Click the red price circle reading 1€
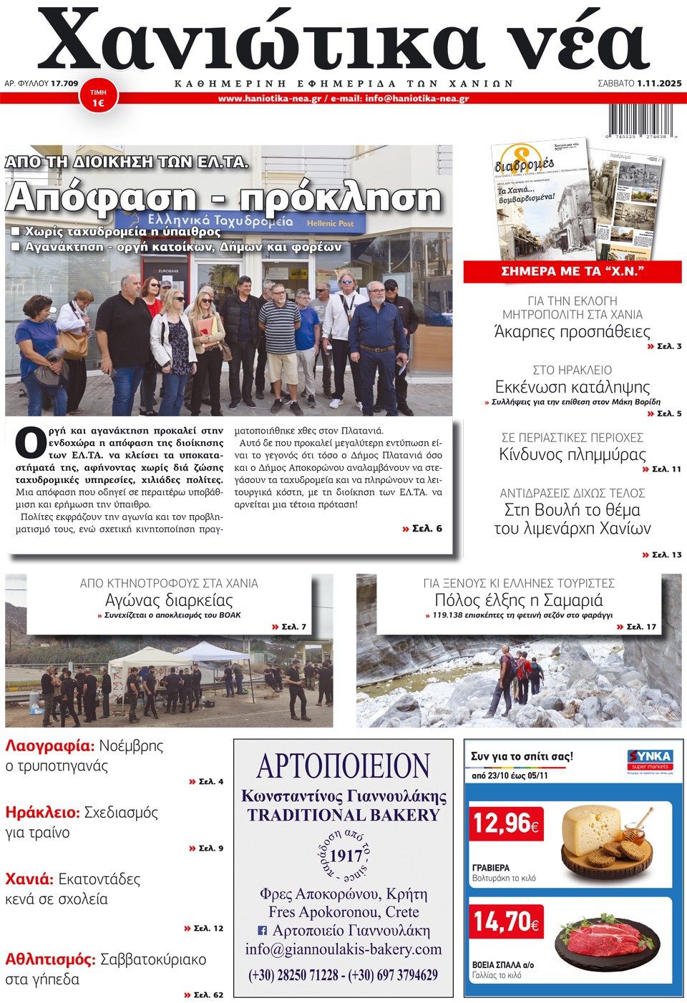point(98,98)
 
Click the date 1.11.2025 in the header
point(659,84)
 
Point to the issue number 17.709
point(64,84)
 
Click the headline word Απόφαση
point(101,197)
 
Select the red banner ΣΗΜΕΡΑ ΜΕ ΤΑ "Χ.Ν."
point(572,271)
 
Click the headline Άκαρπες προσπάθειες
point(572,331)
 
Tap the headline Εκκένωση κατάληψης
point(572,387)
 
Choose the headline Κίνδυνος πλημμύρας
point(572,454)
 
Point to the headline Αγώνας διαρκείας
point(169,600)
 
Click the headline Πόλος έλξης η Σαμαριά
point(518,600)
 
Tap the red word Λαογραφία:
point(50,745)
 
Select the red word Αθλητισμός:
point(50,959)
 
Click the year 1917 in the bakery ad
point(346,856)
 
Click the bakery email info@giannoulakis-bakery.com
point(343,949)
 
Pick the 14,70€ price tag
point(506,922)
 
